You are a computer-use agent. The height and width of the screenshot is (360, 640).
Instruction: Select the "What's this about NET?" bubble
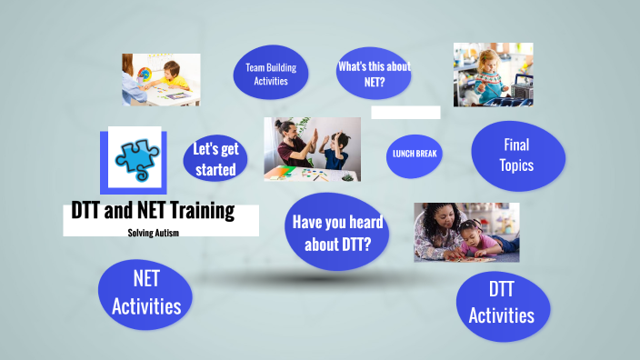click(374, 73)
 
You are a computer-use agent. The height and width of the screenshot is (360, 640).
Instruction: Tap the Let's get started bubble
click(215, 159)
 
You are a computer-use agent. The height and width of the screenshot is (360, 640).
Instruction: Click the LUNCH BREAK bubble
click(415, 154)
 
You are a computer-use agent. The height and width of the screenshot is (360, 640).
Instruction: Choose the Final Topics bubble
click(518, 155)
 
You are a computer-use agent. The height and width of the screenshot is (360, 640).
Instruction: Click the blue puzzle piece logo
click(131, 160)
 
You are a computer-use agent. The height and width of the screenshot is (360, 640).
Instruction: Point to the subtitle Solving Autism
click(153, 233)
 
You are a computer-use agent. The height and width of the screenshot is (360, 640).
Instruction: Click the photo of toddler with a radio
click(493, 75)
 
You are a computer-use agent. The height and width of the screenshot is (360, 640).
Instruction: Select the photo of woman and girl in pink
click(466, 232)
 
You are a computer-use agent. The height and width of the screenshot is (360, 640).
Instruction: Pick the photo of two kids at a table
click(162, 80)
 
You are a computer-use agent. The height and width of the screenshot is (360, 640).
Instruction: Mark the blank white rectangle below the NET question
click(405, 113)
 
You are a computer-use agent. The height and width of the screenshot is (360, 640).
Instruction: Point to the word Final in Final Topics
click(516, 145)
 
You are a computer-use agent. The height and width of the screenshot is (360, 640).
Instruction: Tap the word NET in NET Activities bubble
click(146, 277)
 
